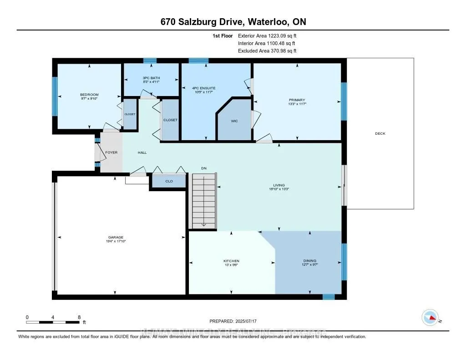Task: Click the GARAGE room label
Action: [116, 237]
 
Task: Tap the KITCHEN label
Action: [231, 261]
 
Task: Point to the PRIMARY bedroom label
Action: [297, 100]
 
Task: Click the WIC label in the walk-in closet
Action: [234, 121]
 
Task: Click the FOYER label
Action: [111, 152]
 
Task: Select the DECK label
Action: [380, 133]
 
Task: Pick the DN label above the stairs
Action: [204, 168]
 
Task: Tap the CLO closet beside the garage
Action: [168, 181]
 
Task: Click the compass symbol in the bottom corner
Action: [430, 317]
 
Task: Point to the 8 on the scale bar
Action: [79, 317]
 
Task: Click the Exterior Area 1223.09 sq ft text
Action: [268, 35]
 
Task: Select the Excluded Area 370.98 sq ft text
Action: [268, 51]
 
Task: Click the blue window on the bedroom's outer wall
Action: [55, 96]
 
